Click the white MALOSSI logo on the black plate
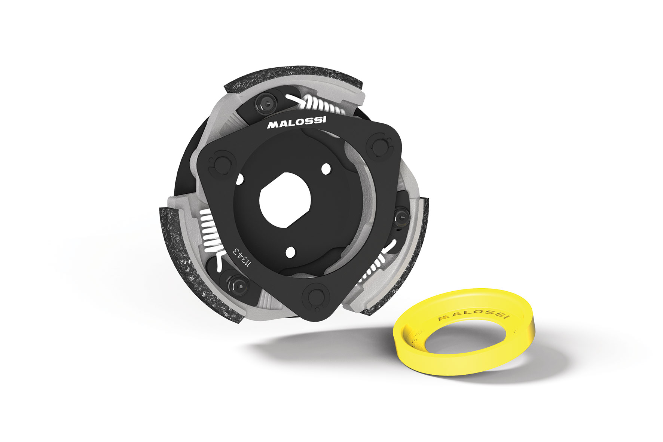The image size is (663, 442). (296, 122)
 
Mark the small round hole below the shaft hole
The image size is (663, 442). (290, 253)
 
